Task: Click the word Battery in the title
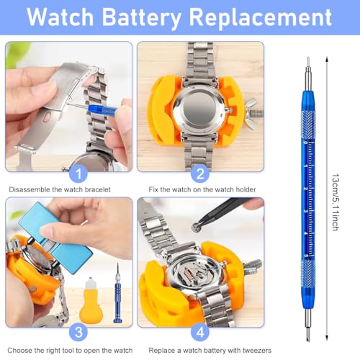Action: [142, 17]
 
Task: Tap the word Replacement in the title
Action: [261, 17]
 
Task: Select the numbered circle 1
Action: [78, 174]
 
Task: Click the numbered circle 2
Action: [200, 174]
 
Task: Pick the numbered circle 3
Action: [78, 332]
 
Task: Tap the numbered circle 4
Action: [200, 332]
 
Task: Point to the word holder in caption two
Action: [246, 189]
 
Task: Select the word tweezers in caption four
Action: [257, 351]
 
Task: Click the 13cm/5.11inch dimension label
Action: [336, 202]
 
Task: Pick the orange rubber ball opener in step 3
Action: [91, 300]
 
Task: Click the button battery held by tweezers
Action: [196, 227]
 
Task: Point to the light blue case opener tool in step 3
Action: [55, 237]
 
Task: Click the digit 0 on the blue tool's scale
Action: [305, 143]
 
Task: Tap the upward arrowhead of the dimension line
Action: [327, 59]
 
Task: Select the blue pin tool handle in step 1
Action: [102, 110]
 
